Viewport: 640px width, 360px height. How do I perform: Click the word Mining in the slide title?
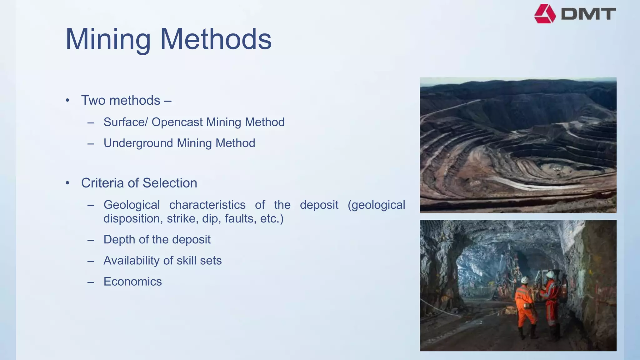[x=108, y=39]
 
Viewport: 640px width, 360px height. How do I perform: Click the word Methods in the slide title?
[x=216, y=39]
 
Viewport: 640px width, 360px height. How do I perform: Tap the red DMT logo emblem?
[x=545, y=14]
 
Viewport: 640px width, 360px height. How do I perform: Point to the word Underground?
[x=138, y=143]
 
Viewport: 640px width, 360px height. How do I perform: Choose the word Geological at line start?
[x=132, y=205]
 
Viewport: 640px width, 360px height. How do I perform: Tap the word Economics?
[x=132, y=282]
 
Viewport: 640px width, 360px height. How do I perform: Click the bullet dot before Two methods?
[x=67, y=101]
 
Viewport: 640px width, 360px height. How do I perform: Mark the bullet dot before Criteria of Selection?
[x=67, y=183]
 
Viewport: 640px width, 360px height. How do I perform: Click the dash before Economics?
[x=91, y=282]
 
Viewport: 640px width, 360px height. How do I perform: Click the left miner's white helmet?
[x=525, y=280]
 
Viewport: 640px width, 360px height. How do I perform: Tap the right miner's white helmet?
[x=550, y=275]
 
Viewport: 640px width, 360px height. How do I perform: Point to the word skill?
[x=186, y=261]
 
